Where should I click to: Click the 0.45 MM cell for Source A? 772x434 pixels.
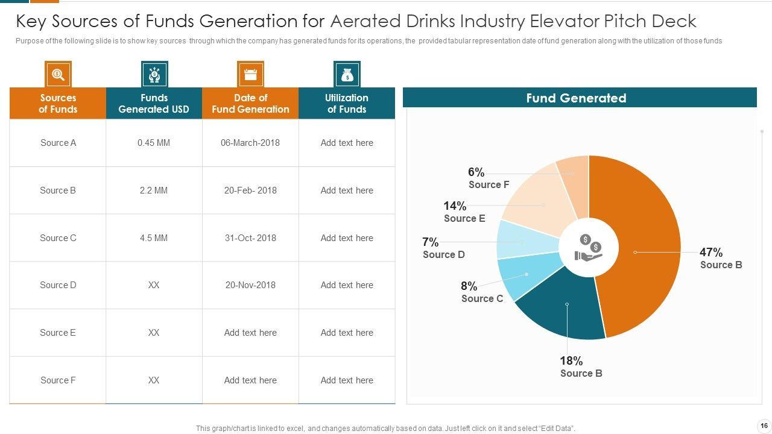(x=154, y=143)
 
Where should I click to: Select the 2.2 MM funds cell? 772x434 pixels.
(x=154, y=190)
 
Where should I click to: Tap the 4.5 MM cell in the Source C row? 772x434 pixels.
(x=154, y=238)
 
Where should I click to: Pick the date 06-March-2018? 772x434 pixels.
(x=250, y=143)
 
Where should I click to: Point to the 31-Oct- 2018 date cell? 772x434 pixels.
(x=250, y=238)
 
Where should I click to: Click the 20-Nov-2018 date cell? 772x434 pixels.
(x=250, y=285)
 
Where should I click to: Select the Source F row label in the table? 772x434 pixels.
(x=58, y=380)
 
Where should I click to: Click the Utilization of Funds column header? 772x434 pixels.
(x=347, y=104)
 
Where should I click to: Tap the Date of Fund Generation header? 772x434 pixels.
(x=250, y=104)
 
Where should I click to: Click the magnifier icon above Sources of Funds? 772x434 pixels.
(x=58, y=75)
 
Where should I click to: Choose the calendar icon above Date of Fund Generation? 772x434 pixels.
(x=250, y=75)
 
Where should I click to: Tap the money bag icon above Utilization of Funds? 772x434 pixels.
(x=347, y=75)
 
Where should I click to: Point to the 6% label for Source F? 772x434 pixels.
(x=476, y=172)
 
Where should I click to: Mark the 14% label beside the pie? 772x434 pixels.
(x=455, y=206)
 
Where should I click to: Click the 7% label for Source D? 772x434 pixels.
(x=431, y=242)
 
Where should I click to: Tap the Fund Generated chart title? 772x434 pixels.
(x=576, y=98)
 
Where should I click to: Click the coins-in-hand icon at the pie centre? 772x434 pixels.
(x=589, y=248)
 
